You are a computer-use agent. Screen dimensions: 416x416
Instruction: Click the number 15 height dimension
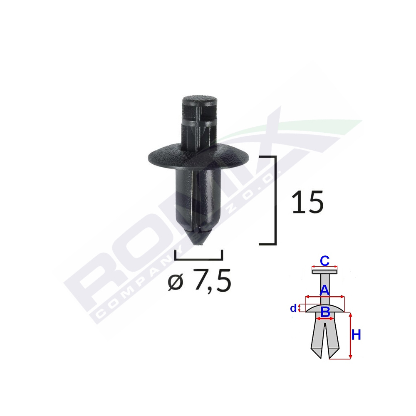[307, 203]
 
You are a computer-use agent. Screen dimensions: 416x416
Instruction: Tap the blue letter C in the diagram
[324, 261]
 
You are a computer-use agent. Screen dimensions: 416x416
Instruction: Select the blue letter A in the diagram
[324, 290]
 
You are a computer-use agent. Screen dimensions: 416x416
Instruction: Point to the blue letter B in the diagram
[325, 312]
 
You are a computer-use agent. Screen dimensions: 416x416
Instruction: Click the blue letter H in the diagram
[357, 335]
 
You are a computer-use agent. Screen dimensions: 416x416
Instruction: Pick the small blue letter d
[294, 308]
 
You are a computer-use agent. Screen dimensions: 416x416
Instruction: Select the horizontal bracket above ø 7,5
[199, 258]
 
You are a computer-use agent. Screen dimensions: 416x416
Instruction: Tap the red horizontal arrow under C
[324, 267]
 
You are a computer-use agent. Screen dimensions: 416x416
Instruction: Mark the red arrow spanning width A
[325, 297]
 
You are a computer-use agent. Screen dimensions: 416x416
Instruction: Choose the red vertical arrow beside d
[300, 308]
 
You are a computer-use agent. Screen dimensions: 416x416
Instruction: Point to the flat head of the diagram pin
[324, 272]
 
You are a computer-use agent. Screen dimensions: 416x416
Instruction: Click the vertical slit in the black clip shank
[196, 200]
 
